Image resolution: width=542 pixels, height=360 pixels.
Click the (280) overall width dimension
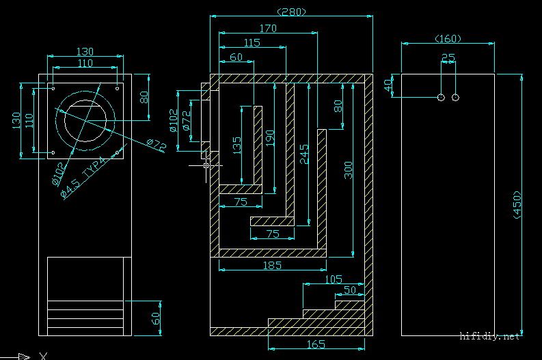click(292, 12)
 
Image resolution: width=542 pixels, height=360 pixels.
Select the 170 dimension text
click(268, 29)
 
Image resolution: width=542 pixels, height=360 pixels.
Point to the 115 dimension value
click(252, 43)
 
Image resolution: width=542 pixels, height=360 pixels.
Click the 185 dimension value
click(271, 265)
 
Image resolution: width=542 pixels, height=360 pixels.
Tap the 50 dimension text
click(349, 290)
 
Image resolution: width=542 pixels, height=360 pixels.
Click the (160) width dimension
click(448, 39)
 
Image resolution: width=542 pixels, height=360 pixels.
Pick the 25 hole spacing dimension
click(448, 57)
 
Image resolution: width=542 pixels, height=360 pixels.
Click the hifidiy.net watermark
click(489, 336)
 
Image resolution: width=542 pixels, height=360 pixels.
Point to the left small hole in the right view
click(441, 98)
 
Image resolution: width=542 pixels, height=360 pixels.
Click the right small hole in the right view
click(456, 98)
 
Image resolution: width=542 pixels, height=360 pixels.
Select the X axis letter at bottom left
click(43, 355)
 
